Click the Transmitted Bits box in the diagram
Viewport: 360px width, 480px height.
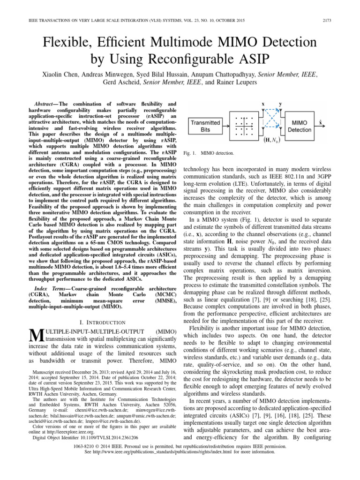205,126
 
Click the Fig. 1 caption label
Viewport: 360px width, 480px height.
189,153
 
